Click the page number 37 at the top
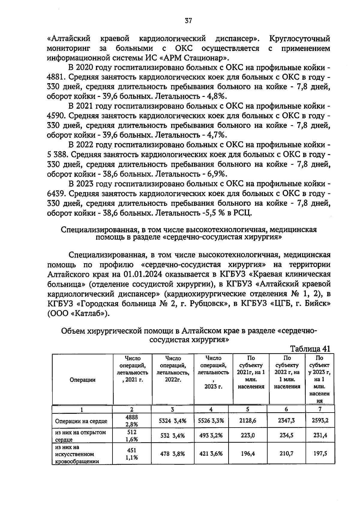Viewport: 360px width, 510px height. tap(188, 21)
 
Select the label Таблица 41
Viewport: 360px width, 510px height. tap(310, 349)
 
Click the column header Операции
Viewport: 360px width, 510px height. tap(82, 380)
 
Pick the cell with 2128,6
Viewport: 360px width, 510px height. tap(248, 421)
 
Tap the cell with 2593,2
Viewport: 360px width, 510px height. tap(320, 421)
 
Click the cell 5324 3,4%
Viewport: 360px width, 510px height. tap(172, 421)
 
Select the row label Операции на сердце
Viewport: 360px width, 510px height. tap(81, 421)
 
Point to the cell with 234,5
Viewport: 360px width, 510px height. tap(286, 436)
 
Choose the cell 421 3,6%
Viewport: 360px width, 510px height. tap(211, 454)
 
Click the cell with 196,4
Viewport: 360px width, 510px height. tap(248, 454)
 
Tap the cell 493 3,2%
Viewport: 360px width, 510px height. tap(211, 436)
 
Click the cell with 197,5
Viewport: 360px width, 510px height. tap(320, 454)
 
